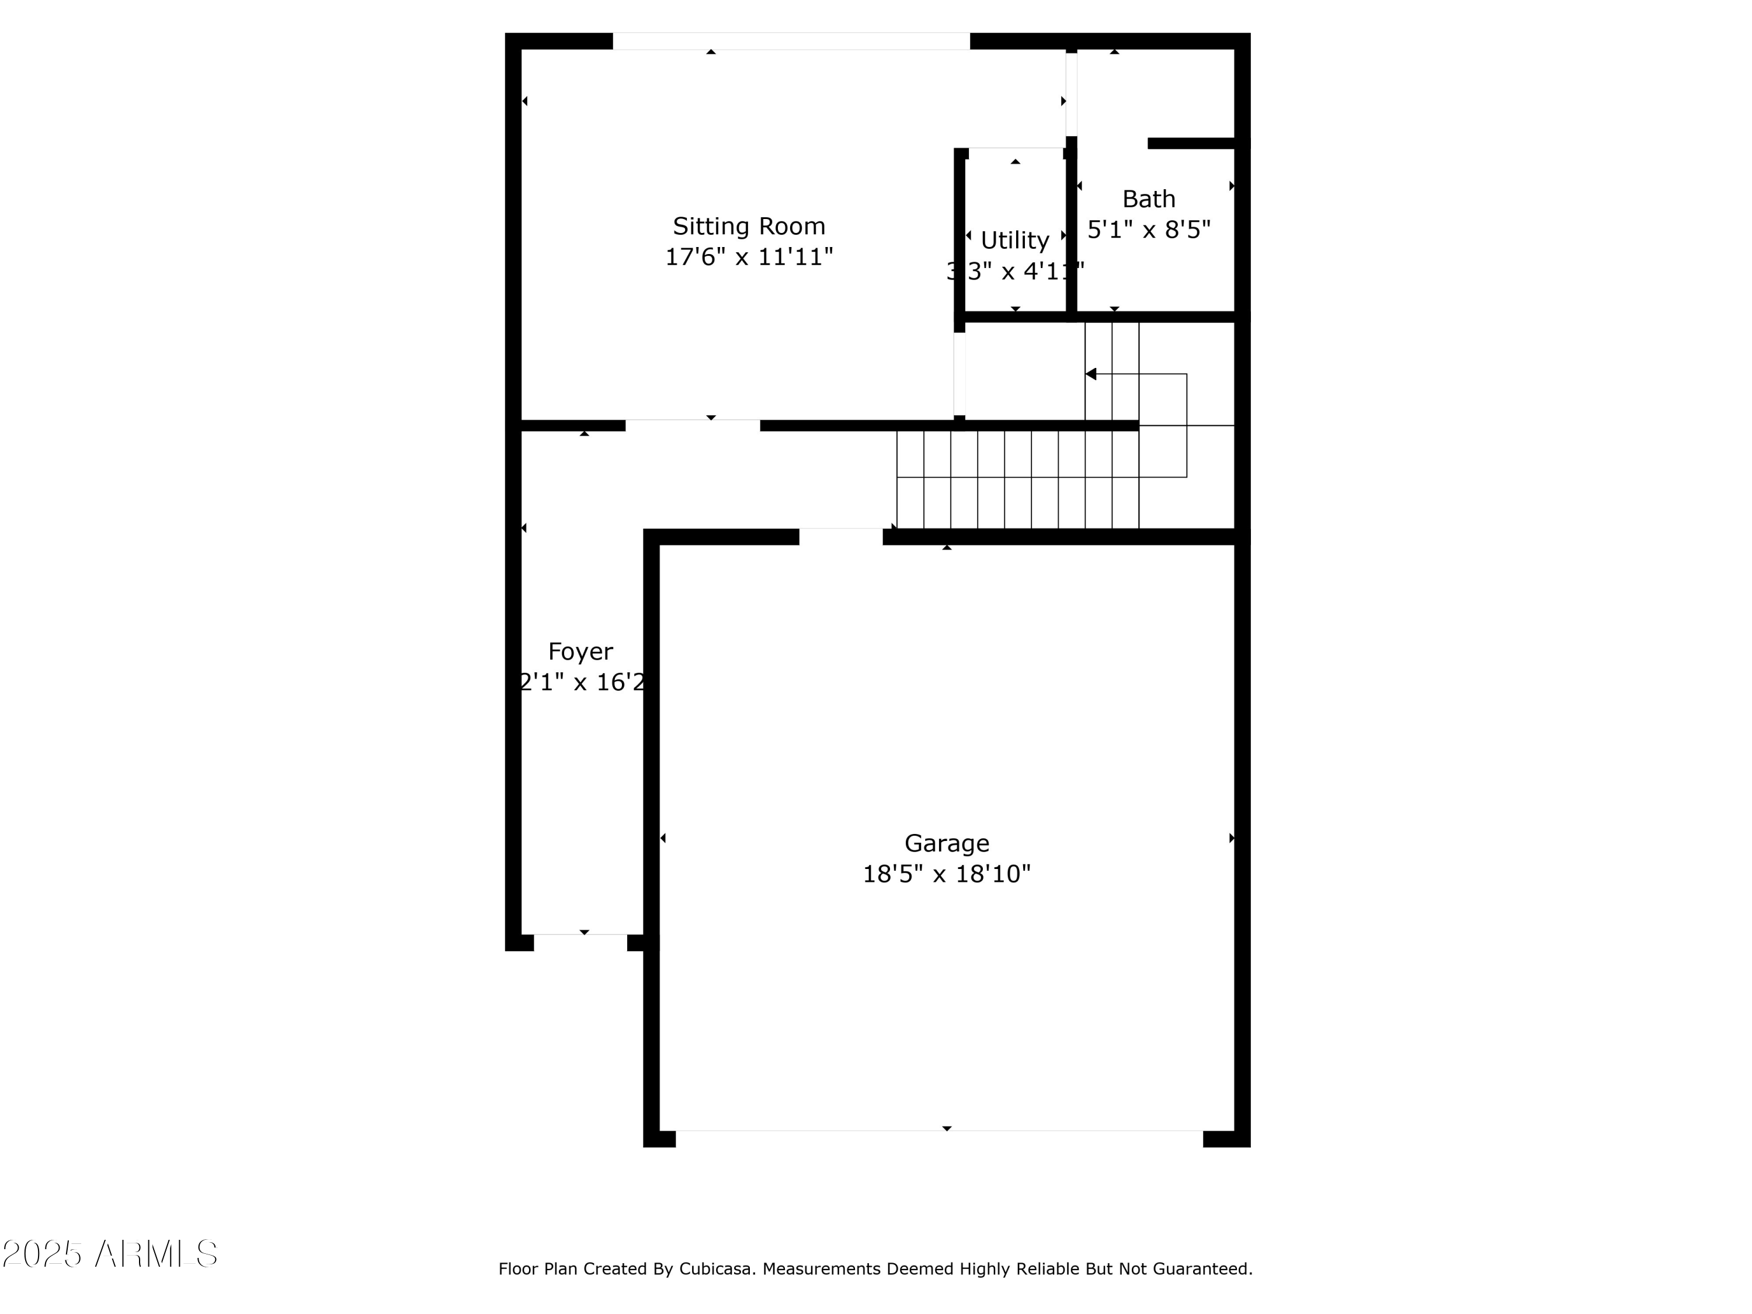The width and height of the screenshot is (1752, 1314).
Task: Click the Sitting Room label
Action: pos(749,227)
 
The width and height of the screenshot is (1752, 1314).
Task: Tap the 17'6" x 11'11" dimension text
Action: pos(749,258)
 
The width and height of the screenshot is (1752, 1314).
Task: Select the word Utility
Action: pos(1014,240)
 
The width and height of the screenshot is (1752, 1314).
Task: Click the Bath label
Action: pos(1149,199)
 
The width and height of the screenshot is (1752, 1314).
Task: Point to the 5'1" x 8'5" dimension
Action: pos(1149,230)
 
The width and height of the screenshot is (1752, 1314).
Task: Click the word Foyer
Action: pos(580,652)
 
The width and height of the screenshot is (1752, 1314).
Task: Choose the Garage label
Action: pos(947,843)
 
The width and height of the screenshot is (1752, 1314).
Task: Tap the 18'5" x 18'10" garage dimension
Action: pos(947,874)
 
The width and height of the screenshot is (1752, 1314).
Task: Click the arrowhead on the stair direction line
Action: pos(1091,374)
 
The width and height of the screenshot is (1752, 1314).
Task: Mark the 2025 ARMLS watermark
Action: pos(110,1254)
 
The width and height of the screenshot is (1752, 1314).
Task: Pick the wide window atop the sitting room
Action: pos(791,41)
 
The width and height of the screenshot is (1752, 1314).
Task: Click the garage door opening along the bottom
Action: pos(938,1138)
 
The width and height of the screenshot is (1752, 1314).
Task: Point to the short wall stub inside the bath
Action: pos(1190,143)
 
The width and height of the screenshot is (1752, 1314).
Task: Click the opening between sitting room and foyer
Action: pos(692,425)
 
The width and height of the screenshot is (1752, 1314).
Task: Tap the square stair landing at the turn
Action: pos(1163,451)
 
